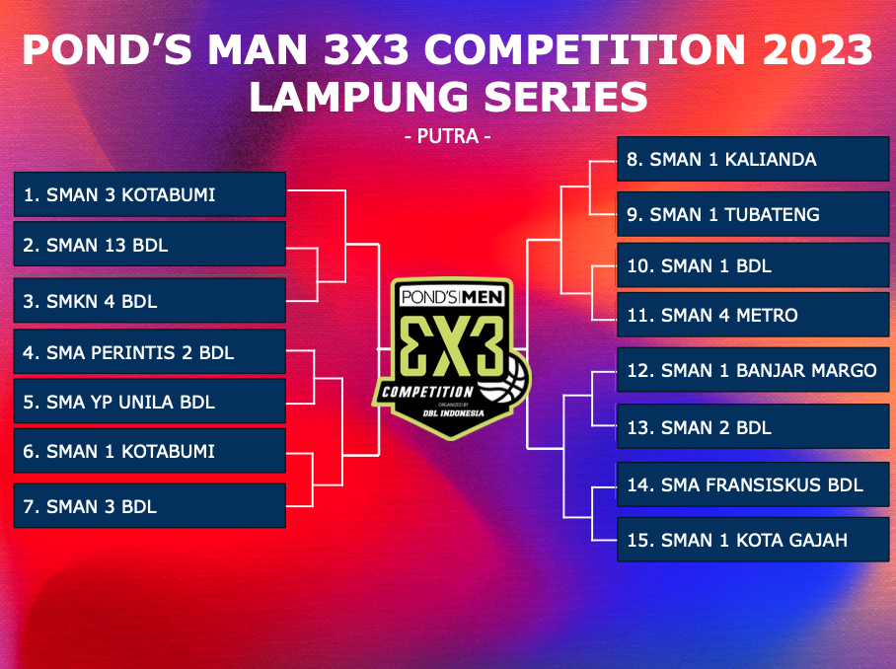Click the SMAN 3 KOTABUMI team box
pyautogui.click(x=150, y=194)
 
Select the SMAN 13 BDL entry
pyautogui.click(x=150, y=245)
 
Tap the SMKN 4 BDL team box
pyautogui.click(x=150, y=301)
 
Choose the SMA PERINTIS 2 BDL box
pyautogui.click(x=150, y=351)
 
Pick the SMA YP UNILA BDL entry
pyautogui.click(x=150, y=401)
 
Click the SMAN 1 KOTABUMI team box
pyautogui.click(x=150, y=451)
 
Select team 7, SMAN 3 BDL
pyautogui.click(x=150, y=505)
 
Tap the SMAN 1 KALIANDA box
pyautogui.click(x=753, y=159)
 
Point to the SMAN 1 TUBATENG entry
pyautogui.click(x=753, y=214)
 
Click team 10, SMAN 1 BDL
pyautogui.click(x=753, y=265)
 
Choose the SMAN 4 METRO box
pyautogui.click(x=753, y=314)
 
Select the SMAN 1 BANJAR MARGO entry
pyautogui.click(x=753, y=370)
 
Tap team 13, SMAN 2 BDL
pyautogui.click(x=753, y=427)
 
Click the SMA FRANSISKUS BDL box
pyautogui.click(x=753, y=484)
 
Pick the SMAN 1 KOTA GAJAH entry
pyautogui.click(x=753, y=540)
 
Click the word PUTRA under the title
pyautogui.click(x=448, y=136)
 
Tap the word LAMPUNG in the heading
pyautogui.click(x=359, y=96)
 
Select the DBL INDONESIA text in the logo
pyautogui.click(x=453, y=413)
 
